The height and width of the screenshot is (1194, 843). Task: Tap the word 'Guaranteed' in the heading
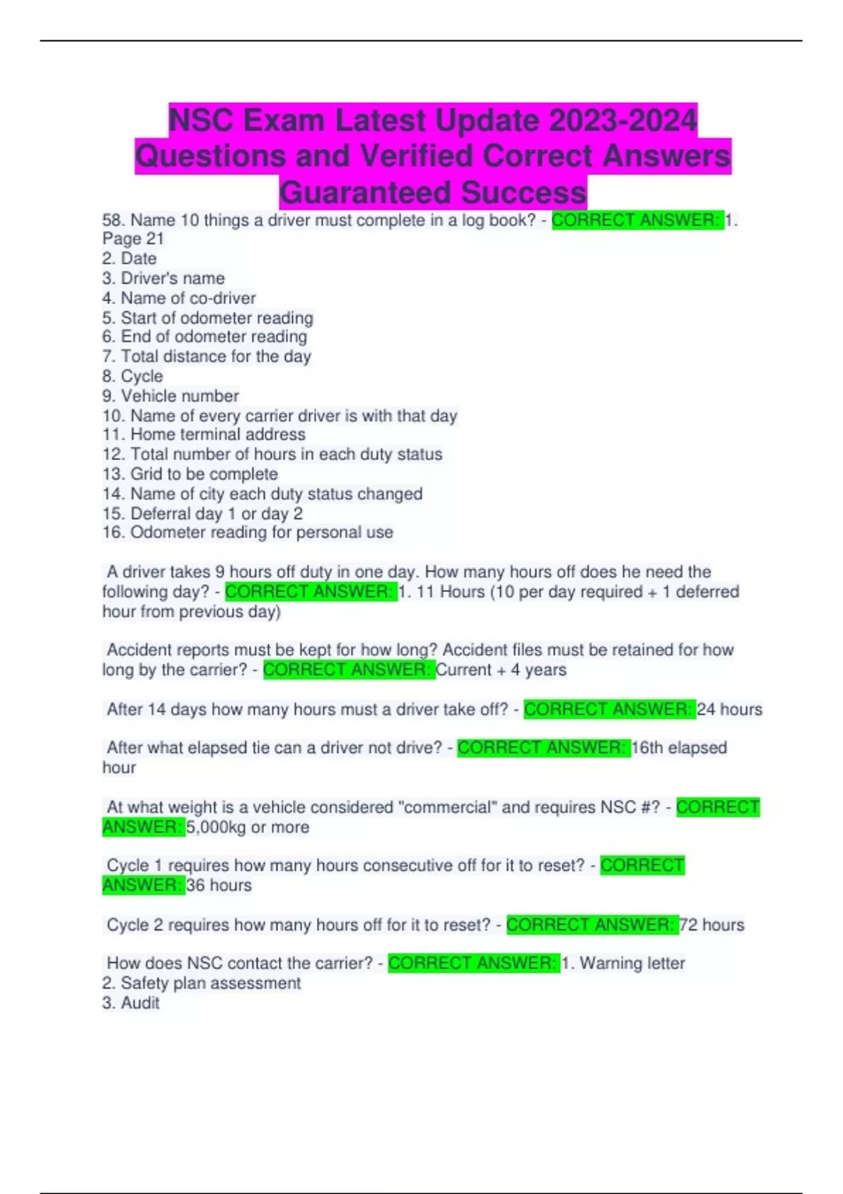(365, 192)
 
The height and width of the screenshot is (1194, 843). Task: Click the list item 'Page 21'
(133, 239)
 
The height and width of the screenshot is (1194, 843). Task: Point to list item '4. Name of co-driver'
(178, 298)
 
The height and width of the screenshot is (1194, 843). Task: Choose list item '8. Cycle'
(132, 376)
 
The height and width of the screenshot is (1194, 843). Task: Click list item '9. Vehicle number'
(170, 395)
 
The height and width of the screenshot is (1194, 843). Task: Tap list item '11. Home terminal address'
(204, 434)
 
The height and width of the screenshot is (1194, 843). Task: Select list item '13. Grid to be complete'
(190, 474)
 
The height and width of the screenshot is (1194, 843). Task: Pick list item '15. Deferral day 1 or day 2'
(202, 513)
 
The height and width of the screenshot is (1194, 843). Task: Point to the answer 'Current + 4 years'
(501, 669)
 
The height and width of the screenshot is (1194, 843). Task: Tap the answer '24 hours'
(729, 709)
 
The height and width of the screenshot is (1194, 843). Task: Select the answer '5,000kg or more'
(247, 827)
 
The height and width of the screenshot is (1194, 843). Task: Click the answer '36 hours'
(218, 885)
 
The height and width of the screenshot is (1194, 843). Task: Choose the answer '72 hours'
(712, 924)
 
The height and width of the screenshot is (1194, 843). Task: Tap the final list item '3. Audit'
(131, 1003)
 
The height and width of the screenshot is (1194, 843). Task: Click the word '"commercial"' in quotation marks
(446, 807)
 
